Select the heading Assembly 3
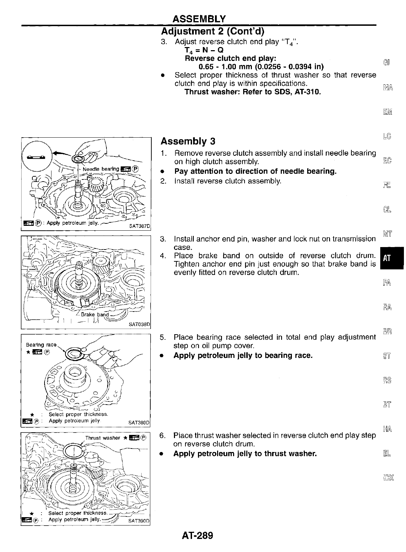[188, 141]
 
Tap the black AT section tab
[387, 258]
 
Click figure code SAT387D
[139, 226]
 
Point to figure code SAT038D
[139, 324]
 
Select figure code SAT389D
[139, 423]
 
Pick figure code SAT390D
[138, 521]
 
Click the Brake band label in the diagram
[95, 314]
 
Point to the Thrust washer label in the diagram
[103, 438]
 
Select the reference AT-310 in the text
[307, 92]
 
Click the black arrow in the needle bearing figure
[60, 152]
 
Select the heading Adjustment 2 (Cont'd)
[213, 31]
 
